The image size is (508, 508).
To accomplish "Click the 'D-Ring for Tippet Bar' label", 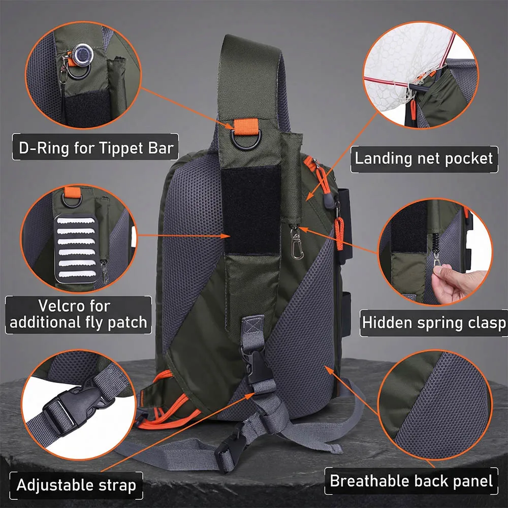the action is tap(96, 147).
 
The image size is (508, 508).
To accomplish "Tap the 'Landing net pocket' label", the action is tap(424, 158).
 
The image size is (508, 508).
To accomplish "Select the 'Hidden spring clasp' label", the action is tap(433, 323).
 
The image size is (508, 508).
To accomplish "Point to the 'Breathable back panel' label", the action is tap(411, 481).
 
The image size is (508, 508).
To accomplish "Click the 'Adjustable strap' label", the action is tap(77, 485).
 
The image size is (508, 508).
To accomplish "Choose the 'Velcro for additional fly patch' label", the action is tap(78, 314).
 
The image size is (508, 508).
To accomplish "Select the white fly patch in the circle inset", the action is tap(77, 248).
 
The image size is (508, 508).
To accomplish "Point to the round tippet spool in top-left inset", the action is tap(83, 54).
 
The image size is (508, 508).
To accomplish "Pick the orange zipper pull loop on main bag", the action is tap(339, 234).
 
